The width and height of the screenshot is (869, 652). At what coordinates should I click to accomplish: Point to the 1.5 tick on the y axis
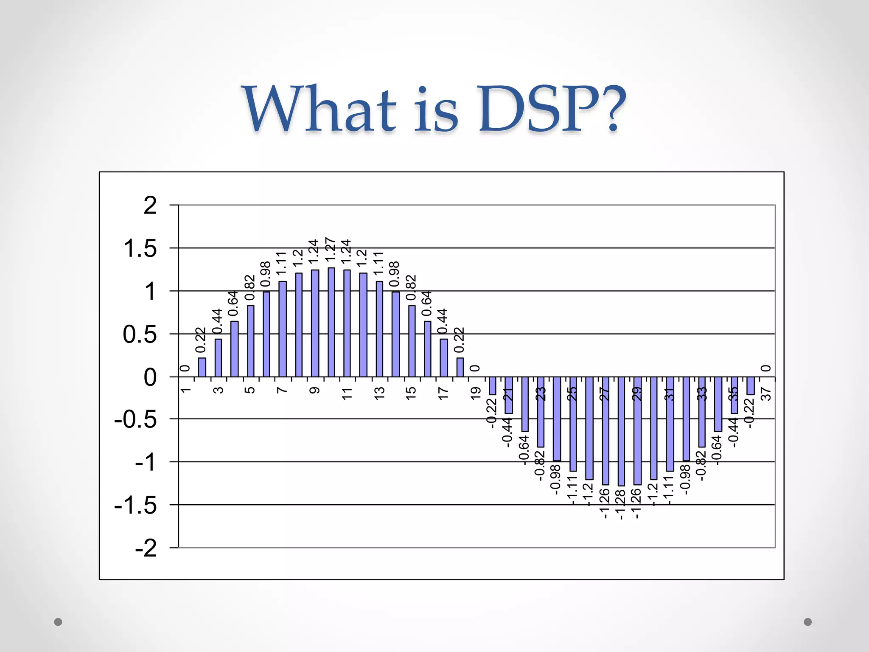140,249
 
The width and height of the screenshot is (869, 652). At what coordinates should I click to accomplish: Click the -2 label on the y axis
146,548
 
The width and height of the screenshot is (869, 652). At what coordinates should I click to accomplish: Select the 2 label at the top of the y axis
150,206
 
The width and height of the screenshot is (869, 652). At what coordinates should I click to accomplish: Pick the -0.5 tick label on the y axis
135,420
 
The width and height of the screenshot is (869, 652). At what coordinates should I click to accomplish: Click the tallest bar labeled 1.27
331,322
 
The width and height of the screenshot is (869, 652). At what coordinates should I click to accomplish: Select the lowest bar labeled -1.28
621,431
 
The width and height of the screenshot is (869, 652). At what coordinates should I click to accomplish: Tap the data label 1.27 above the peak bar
331,250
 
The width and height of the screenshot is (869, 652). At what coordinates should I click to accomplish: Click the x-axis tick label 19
476,393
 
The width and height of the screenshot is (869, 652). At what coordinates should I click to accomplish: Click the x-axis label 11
347,393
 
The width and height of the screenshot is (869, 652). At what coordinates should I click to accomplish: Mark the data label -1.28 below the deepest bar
620,505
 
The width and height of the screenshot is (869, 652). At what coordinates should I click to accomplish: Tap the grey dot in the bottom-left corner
58,622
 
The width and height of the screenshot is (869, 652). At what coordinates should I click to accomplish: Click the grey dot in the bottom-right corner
808,622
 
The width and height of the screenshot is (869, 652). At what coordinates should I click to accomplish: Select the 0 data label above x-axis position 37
765,368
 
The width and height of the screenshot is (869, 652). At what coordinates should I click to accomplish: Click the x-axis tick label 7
282,390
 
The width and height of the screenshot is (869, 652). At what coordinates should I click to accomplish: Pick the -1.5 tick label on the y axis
135,506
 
